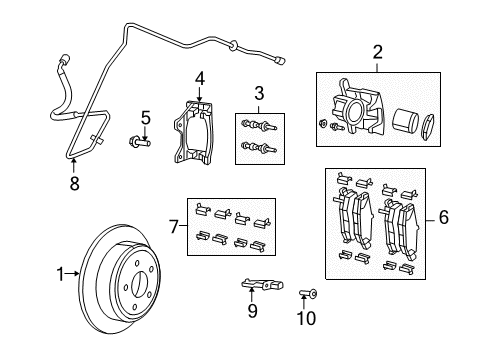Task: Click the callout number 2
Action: click(378, 52)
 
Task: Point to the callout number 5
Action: click(144, 119)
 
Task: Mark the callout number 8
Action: click(72, 183)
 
